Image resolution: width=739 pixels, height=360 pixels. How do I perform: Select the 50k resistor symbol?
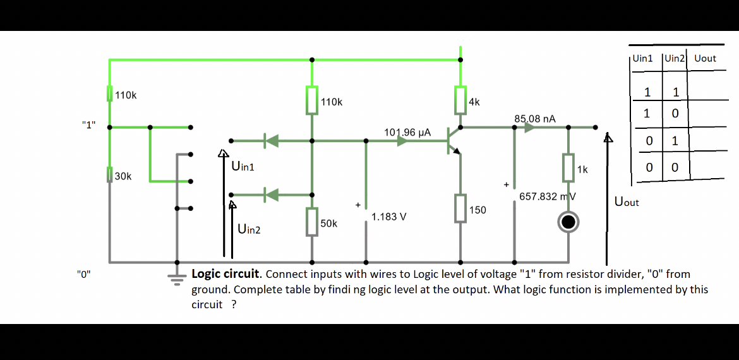click(311, 222)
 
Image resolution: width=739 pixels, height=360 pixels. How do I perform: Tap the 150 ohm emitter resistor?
click(460, 209)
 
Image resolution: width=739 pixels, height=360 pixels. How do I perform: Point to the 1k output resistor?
click(568, 167)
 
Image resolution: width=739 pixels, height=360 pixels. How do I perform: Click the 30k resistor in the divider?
click(109, 176)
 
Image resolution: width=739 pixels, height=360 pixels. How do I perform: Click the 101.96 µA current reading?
click(407, 132)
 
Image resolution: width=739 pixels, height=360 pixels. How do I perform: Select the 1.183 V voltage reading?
click(388, 217)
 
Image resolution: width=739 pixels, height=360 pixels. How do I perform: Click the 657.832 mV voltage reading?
click(547, 196)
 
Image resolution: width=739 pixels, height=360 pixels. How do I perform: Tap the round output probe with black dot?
click(568, 222)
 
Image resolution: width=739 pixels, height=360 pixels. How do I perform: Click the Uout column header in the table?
click(705, 58)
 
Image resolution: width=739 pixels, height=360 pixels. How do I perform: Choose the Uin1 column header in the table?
click(643, 58)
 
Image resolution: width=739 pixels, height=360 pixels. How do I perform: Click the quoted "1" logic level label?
click(88, 124)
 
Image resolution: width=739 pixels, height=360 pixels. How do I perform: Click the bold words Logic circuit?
click(225, 274)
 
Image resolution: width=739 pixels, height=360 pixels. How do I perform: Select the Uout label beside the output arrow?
click(627, 202)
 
